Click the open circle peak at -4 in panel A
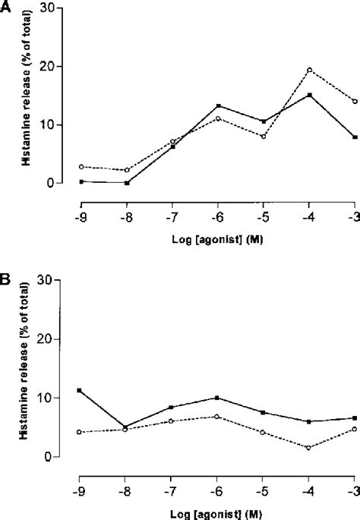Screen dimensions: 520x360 pyautogui.click(x=309, y=70)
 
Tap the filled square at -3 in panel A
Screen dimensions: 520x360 pyautogui.click(x=355, y=137)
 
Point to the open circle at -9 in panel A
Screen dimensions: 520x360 pyautogui.click(x=81, y=166)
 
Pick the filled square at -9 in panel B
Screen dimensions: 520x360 pyautogui.click(x=81, y=390)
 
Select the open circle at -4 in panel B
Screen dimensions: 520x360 pyautogui.click(x=309, y=448)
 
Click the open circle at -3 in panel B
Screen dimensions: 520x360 pyautogui.click(x=355, y=429)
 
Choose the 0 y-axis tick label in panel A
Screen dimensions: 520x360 pyautogui.click(x=61, y=183)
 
